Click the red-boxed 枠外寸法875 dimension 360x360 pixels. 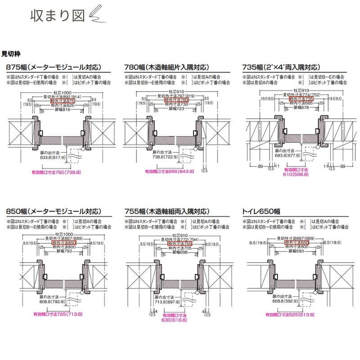pyautogui.click(x=67, y=101)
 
